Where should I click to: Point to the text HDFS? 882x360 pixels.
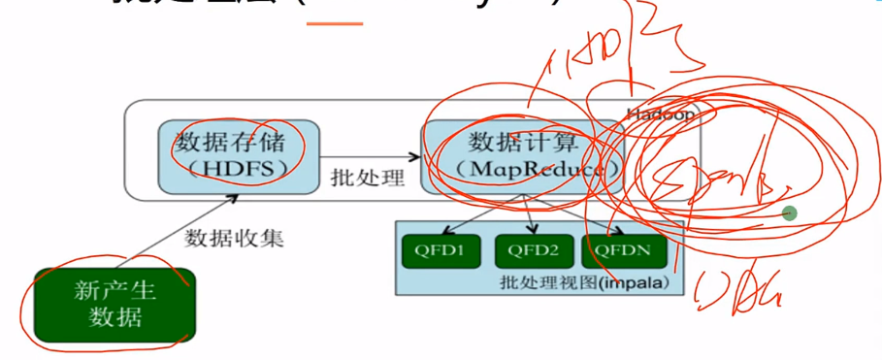[x=240, y=169]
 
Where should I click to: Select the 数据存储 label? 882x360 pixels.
[x=238, y=142]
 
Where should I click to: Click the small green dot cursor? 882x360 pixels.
[x=790, y=213]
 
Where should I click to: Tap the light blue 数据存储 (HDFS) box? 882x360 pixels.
[x=239, y=155]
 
